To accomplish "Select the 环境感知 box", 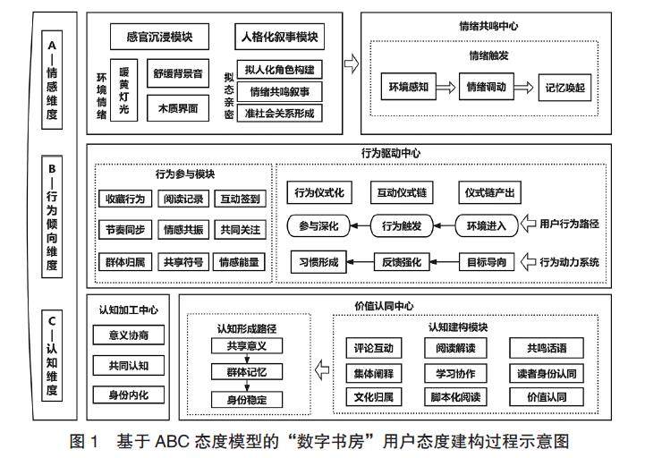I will point(411,89).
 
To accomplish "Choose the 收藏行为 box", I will point(125,199).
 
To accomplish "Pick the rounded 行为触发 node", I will point(407,225).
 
